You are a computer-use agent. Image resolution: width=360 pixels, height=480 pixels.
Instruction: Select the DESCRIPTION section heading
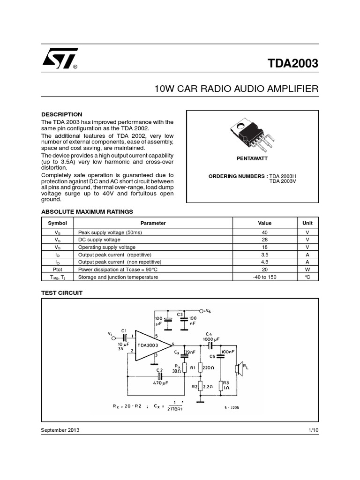pyautogui.click(x=62, y=114)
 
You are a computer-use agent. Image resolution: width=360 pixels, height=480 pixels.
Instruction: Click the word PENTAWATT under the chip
pyautogui.click(x=252, y=159)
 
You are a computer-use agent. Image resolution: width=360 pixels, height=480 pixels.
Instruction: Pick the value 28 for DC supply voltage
pyautogui.click(x=264, y=240)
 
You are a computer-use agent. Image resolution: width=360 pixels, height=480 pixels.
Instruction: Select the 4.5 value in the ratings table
pyautogui.click(x=264, y=262)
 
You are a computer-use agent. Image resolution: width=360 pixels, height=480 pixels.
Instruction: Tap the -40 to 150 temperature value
pyautogui.click(x=264, y=277)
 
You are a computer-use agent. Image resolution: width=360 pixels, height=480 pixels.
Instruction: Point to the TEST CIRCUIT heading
pyautogui.click(x=62, y=292)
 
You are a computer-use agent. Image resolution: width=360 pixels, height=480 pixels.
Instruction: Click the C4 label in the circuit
pyautogui.click(x=209, y=334)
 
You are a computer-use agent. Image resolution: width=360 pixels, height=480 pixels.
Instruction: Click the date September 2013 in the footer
pyautogui.click(x=60, y=430)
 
